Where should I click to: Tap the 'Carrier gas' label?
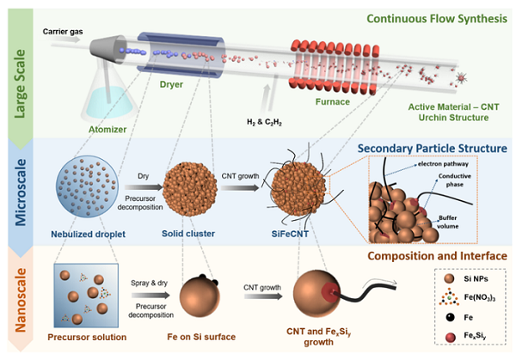(61, 31)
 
